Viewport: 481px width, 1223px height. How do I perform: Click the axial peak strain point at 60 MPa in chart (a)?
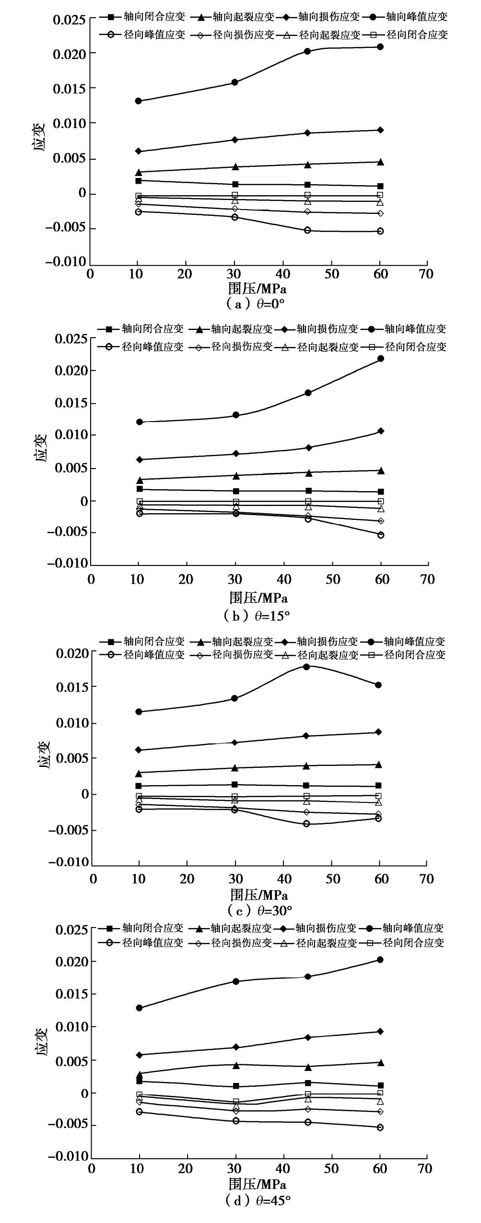click(x=380, y=47)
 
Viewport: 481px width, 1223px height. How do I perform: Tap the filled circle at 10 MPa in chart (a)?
click(x=138, y=101)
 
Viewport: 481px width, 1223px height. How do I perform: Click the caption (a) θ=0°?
click(x=257, y=304)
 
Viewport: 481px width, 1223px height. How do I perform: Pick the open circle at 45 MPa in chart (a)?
click(x=307, y=230)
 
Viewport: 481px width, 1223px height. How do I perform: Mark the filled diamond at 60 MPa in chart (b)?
click(x=381, y=431)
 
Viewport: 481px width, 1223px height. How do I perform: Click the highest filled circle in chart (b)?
click(x=381, y=359)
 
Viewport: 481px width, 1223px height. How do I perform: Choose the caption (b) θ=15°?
click(x=257, y=616)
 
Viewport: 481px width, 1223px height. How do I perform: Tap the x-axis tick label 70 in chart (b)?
click(x=426, y=579)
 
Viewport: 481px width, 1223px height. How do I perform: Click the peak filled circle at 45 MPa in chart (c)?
click(x=306, y=667)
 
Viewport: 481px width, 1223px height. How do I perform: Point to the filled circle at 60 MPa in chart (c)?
click(x=378, y=685)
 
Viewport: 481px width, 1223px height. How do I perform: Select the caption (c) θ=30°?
click(x=258, y=910)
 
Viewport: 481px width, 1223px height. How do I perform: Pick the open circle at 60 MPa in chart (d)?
click(x=380, y=1128)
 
